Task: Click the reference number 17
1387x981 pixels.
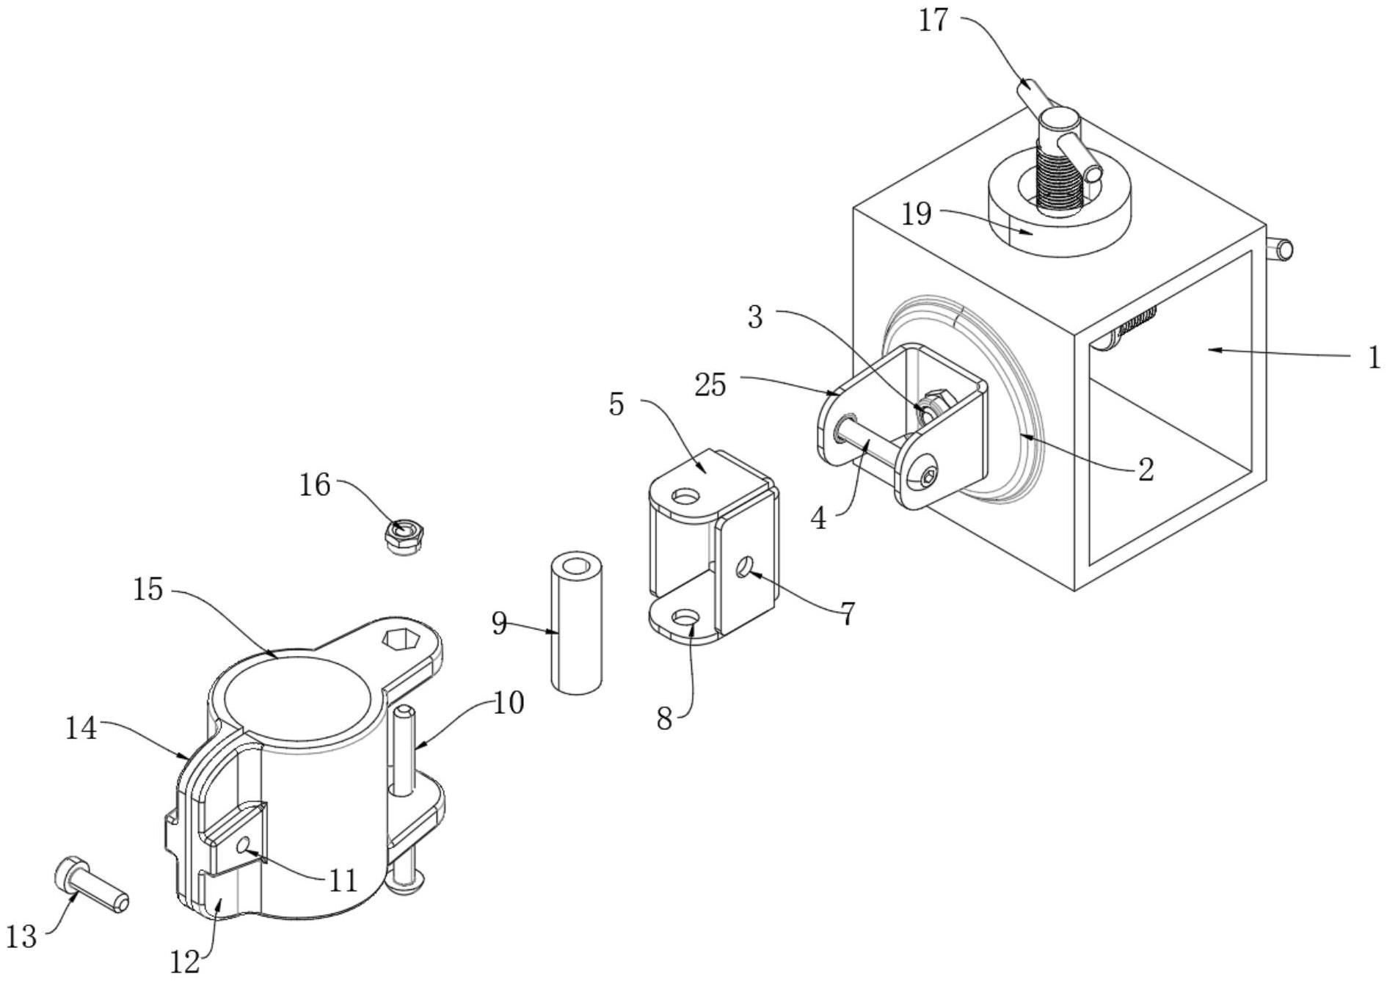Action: click(933, 21)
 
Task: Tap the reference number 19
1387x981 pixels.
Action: click(917, 214)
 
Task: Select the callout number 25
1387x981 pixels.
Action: click(710, 384)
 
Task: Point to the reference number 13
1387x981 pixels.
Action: click(22, 936)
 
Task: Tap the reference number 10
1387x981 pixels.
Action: click(509, 703)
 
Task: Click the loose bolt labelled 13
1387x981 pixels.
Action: click(91, 886)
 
